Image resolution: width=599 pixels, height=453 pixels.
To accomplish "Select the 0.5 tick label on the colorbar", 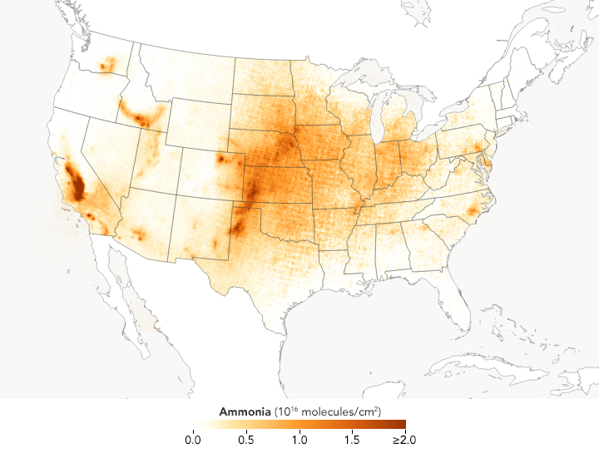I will point(246,438).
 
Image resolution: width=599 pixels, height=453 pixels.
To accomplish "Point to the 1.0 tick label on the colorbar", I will point(299,438).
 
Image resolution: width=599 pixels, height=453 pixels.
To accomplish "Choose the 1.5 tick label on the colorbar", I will point(353,438).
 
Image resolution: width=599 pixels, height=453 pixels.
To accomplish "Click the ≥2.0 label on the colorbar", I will point(403,438).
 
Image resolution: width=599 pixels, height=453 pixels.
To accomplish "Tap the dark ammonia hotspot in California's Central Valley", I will point(76,185).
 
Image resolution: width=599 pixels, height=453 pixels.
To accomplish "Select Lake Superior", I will point(354,76).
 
